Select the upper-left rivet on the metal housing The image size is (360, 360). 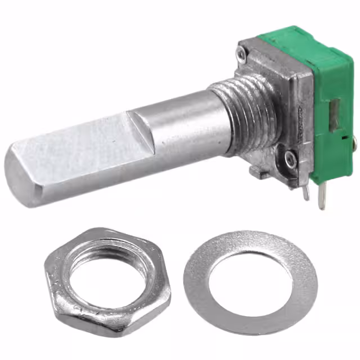(241, 53)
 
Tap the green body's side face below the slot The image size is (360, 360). (329, 157)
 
